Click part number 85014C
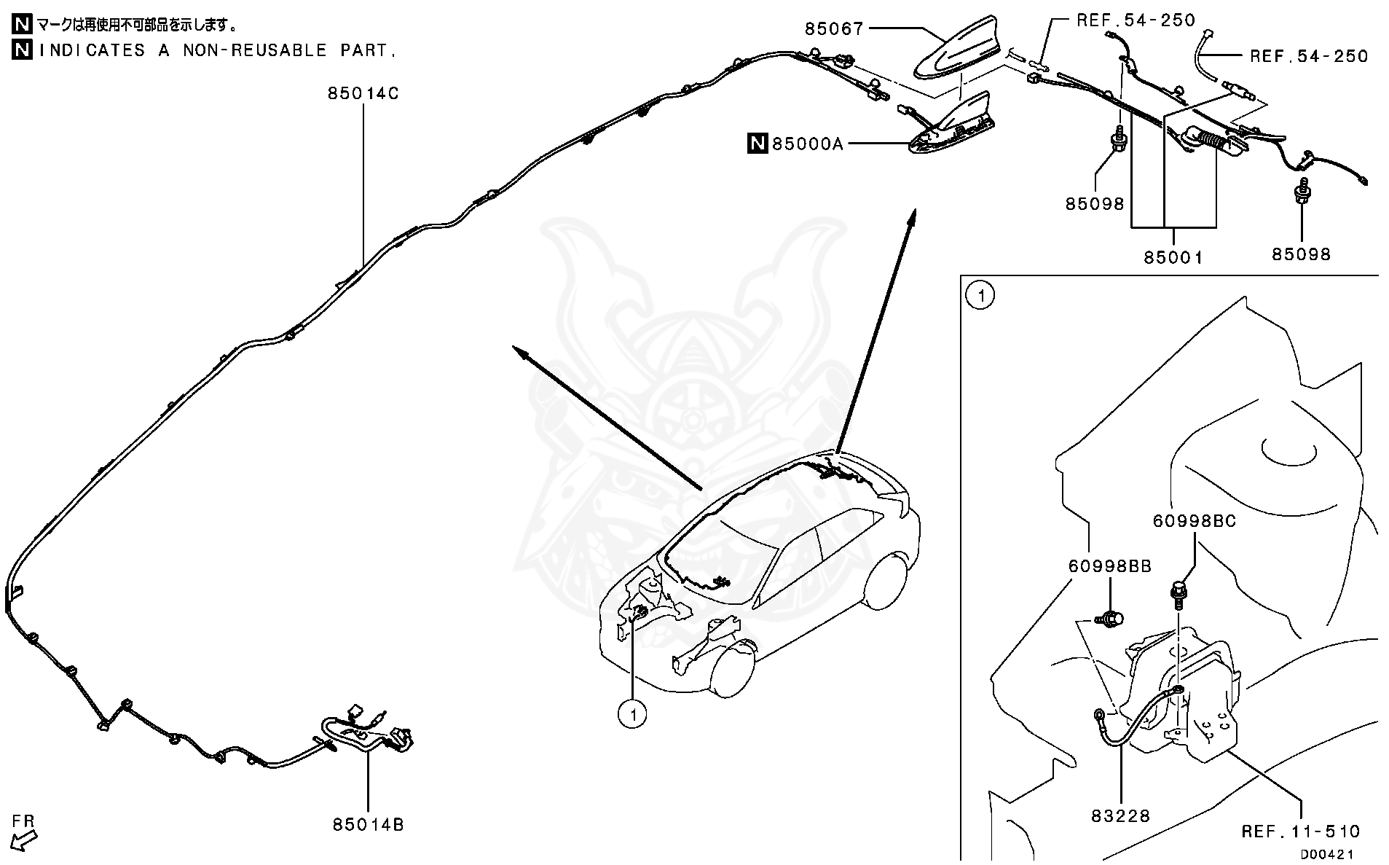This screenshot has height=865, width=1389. pyautogui.click(x=363, y=94)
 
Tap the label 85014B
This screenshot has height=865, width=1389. pyautogui.click(x=368, y=824)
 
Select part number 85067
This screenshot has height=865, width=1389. pyautogui.click(x=834, y=29)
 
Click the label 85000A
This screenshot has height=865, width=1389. pyautogui.click(x=807, y=144)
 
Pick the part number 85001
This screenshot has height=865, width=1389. pyautogui.click(x=1173, y=257)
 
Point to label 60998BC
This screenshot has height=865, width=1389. pyautogui.click(x=1194, y=522)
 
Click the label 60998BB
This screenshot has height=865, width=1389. pyautogui.click(x=1110, y=566)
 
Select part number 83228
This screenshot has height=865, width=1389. pyautogui.click(x=1120, y=816)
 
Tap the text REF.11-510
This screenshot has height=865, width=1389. pyautogui.click(x=1300, y=831)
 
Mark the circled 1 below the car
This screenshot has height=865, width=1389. pyautogui.click(x=632, y=713)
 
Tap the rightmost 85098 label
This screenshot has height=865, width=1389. pyautogui.click(x=1301, y=254)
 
